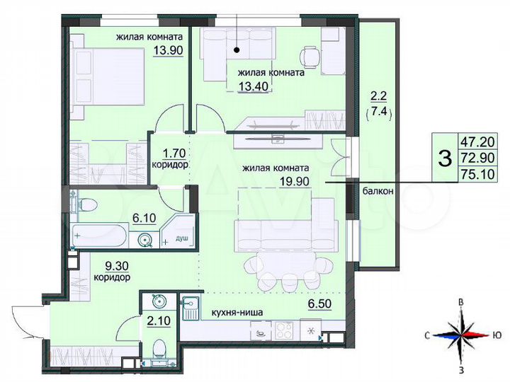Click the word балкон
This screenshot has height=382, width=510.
coord(377,191)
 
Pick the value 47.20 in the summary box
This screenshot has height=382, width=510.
coord(475,141)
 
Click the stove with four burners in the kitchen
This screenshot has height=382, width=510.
coord(285,330)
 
